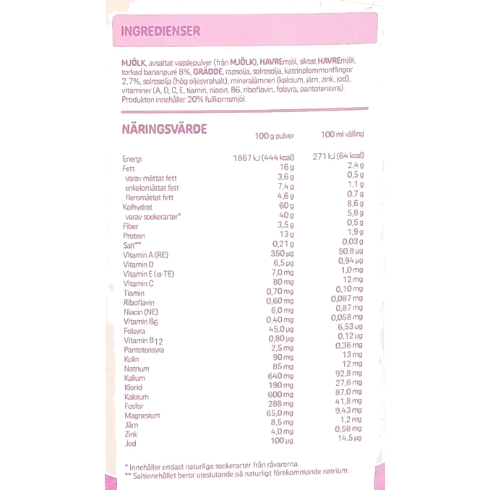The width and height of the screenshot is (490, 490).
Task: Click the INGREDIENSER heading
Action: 160,31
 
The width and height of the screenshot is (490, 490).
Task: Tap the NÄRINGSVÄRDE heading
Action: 164,129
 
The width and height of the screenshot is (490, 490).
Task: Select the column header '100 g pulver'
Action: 275,136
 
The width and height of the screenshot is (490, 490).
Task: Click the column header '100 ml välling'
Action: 342,134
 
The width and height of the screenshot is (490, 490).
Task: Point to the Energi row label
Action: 132,159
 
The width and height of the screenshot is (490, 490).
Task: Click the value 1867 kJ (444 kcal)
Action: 264,158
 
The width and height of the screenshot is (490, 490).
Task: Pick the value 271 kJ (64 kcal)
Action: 338,156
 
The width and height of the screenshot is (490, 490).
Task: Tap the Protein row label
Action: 134,236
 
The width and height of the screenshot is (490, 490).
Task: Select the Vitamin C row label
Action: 139,284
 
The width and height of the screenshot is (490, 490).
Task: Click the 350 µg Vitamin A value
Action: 282,254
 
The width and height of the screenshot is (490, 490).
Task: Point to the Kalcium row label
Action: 137,397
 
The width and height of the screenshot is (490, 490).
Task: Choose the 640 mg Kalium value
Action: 280,376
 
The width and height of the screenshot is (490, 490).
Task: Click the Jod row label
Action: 130,444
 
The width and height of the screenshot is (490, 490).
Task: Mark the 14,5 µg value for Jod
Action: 350,438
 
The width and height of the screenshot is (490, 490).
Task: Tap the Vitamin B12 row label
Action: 143,340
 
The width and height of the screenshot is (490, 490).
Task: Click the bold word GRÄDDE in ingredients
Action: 208,72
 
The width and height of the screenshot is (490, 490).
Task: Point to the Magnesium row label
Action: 142,416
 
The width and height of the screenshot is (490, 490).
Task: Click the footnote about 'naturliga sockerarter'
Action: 212,466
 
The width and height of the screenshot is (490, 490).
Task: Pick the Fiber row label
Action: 131,226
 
